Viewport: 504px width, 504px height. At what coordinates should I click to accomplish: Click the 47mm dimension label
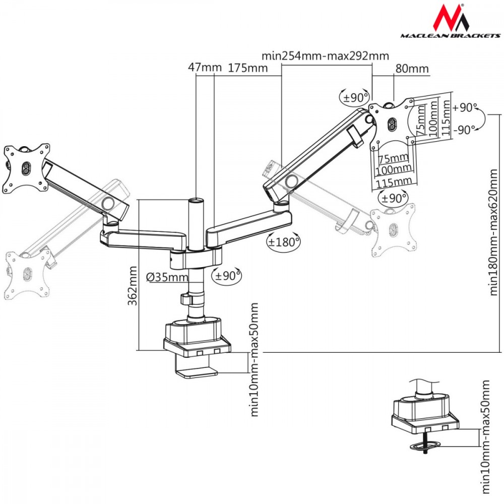pos(198,68)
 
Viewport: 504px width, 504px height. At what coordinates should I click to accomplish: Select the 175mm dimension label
pos(248,68)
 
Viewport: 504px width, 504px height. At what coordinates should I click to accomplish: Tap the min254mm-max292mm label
pos(326,55)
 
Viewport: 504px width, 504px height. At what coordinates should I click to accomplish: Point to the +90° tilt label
pos(465,107)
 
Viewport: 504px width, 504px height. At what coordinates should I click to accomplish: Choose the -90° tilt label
pos(465,130)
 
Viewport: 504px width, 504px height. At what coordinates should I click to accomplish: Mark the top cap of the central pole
pos(195,201)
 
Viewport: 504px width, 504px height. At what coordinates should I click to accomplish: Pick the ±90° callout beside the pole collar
pos(226,275)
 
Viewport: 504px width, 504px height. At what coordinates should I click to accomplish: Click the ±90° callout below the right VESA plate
pos(393,198)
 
